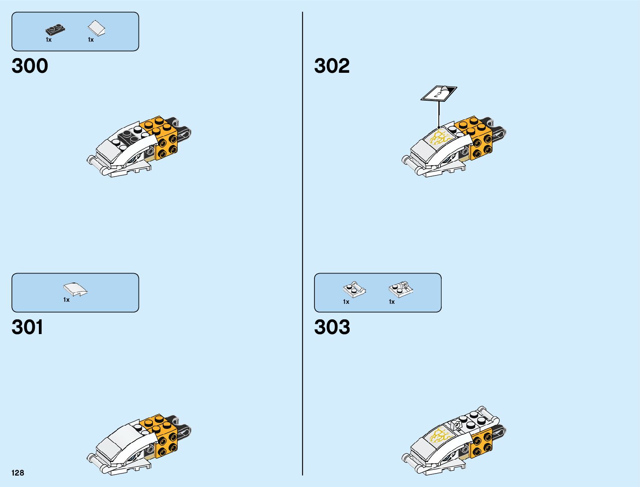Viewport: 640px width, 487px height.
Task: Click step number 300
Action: [x=30, y=66]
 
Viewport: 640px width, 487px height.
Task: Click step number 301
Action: [x=27, y=327]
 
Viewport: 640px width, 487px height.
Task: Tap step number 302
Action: [x=332, y=66]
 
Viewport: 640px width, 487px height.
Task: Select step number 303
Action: [x=332, y=327]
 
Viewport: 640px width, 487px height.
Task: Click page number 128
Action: [x=18, y=473]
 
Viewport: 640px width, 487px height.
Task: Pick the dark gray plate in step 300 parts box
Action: [x=55, y=30]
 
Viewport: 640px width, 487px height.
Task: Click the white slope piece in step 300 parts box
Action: [x=97, y=29]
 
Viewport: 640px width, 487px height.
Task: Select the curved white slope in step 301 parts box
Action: [x=75, y=289]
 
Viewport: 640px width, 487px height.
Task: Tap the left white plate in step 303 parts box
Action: [x=354, y=290]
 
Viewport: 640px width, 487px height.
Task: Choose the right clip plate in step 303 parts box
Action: [x=401, y=290]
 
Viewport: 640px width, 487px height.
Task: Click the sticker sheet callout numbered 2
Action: [x=439, y=94]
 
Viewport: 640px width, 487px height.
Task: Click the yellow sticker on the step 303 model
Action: [x=440, y=436]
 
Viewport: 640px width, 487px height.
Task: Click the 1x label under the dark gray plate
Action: [x=49, y=40]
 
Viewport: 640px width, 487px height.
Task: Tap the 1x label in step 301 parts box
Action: [x=66, y=300]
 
